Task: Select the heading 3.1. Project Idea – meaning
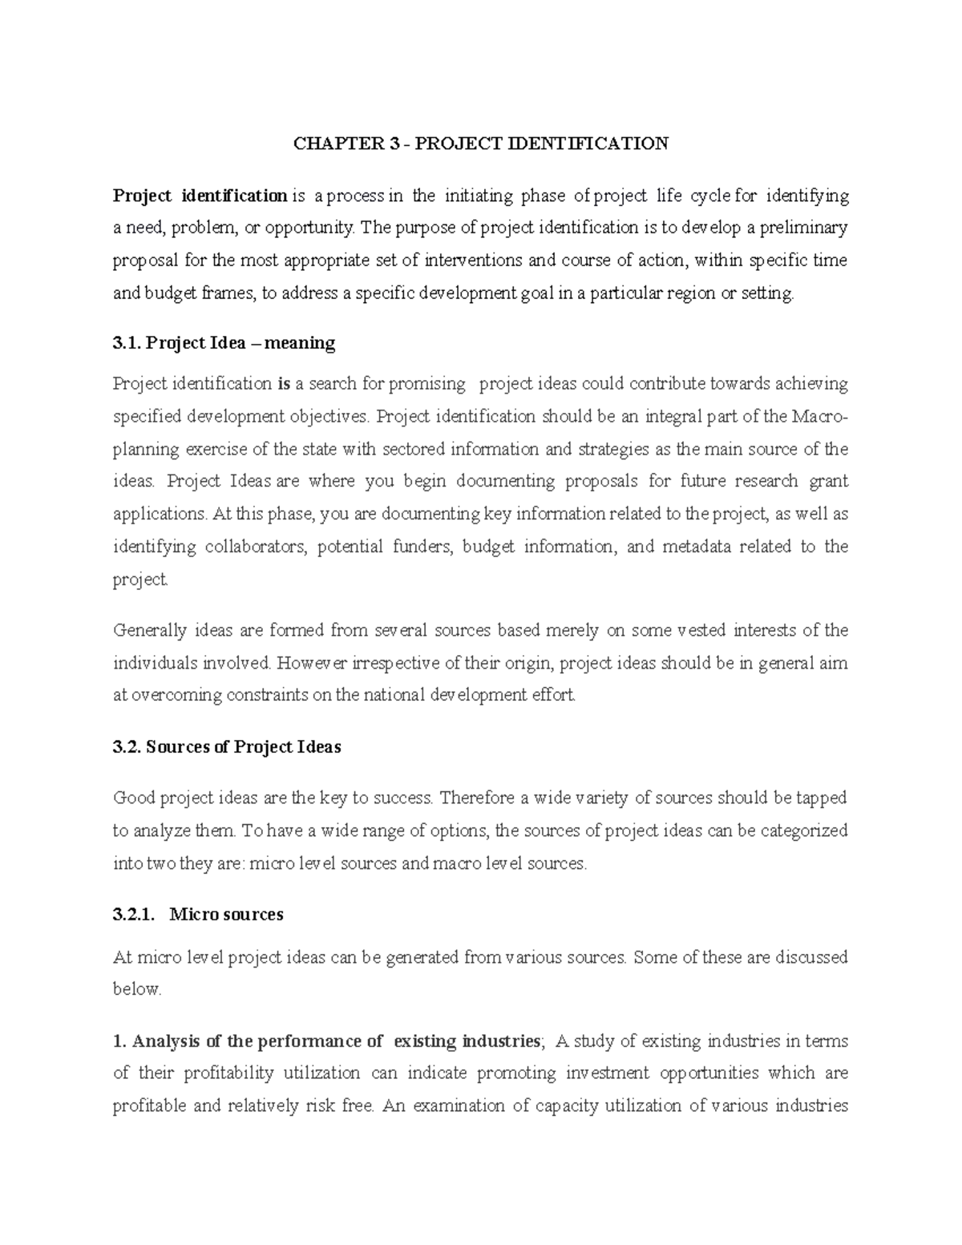pos(224,344)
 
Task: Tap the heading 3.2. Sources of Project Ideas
pos(227,747)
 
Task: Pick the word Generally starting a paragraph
pos(149,631)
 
